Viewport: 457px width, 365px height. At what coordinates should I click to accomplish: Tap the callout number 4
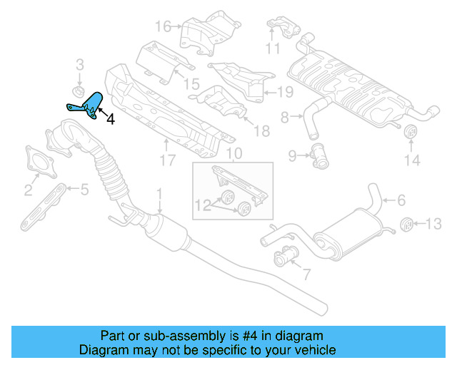(110, 120)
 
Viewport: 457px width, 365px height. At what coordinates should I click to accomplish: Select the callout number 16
(164, 26)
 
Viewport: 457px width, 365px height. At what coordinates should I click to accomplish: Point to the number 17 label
(166, 161)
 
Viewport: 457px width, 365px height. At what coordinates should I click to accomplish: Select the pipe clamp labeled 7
(285, 254)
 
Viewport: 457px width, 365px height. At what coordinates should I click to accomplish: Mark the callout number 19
(285, 92)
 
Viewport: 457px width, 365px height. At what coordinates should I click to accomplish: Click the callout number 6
(401, 201)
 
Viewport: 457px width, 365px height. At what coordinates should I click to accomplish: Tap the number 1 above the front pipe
(160, 192)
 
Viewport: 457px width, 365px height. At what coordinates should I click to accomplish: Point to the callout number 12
(202, 205)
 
